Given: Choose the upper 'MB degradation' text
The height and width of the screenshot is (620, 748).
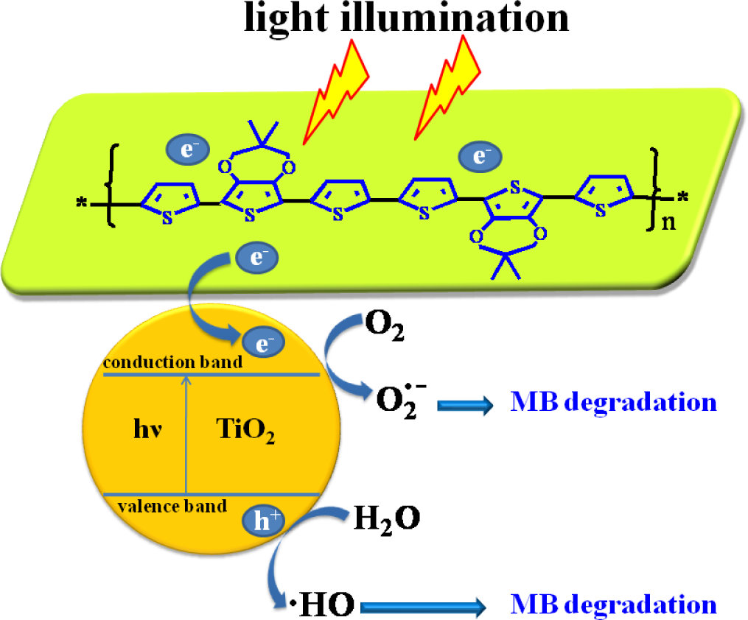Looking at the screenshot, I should pos(613,403).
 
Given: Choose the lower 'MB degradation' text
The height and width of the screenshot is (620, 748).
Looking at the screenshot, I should pos(613,605).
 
